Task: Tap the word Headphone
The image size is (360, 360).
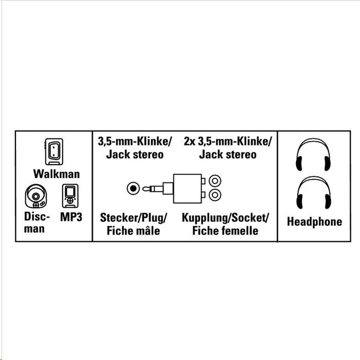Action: pyautogui.click(x=314, y=222)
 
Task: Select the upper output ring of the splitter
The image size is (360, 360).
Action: pyautogui.click(x=215, y=181)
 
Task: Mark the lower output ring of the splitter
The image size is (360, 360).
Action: pyautogui.click(x=215, y=195)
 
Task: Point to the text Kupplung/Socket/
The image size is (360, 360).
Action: pyautogui.click(x=225, y=217)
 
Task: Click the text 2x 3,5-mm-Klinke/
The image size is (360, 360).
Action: pyautogui.click(x=227, y=140)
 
